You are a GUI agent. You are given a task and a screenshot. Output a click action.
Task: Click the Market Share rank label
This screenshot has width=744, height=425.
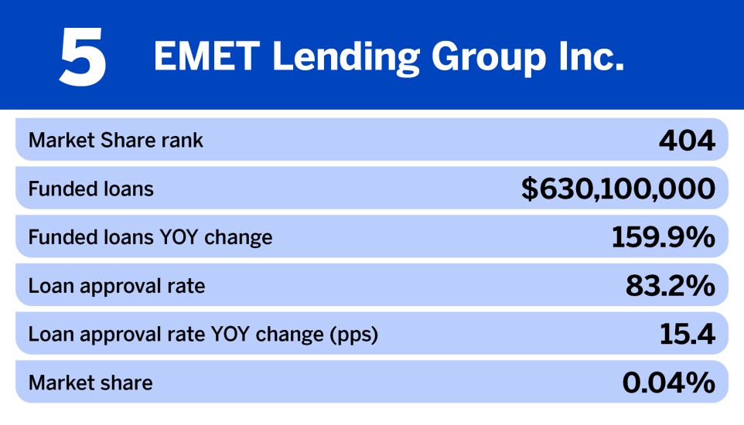tap(116, 141)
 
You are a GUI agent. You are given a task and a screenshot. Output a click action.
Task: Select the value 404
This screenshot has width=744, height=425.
tap(687, 141)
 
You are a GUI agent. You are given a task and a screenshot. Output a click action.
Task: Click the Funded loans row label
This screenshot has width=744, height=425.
tap(91, 189)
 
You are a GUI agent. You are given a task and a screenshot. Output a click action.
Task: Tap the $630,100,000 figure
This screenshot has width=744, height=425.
tap(618, 189)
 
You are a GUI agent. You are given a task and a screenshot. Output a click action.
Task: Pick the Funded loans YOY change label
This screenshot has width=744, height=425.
tap(151, 237)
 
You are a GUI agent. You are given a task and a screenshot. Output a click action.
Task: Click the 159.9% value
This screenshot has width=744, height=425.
tap(663, 237)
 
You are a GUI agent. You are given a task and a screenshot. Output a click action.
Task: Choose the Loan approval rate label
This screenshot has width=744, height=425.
tap(117, 286)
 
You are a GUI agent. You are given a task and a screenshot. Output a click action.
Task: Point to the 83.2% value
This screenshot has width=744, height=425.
tap(670, 286)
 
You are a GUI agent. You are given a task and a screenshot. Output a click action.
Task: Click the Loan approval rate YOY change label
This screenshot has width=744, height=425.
tap(203, 335)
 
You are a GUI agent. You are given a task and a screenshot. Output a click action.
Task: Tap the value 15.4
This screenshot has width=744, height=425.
tap(687, 335)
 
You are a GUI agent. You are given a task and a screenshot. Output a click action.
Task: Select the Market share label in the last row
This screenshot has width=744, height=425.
tap(90, 382)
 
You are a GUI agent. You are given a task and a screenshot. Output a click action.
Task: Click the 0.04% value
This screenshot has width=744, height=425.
tap(668, 382)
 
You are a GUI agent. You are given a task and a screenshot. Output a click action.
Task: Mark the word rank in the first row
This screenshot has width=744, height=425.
tap(185, 141)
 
